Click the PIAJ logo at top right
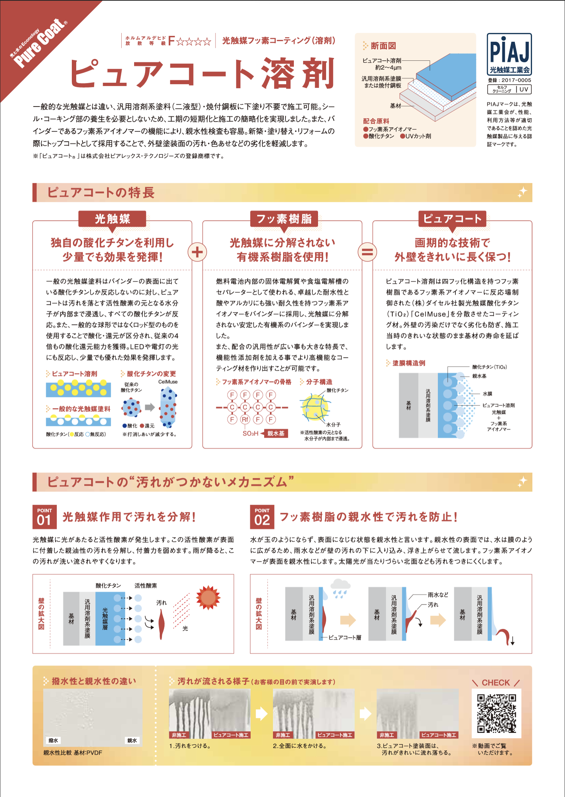(509, 54)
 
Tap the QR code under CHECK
(496, 713)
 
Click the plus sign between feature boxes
(197, 252)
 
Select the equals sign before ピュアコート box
(367, 252)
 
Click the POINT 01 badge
(45, 517)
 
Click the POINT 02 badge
(262, 517)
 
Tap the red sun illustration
(208, 597)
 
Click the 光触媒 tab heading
(112, 219)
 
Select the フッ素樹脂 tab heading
(284, 219)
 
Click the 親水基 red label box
(276, 433)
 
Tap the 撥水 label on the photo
(53, 740)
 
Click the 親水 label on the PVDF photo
(132, 740)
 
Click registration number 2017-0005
(516, 80)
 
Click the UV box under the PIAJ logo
(524, 89)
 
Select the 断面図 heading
(383, 46)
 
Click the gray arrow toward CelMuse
(150, 407)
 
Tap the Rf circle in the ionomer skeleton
(245, 419)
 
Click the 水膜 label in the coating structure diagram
(487, 394)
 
